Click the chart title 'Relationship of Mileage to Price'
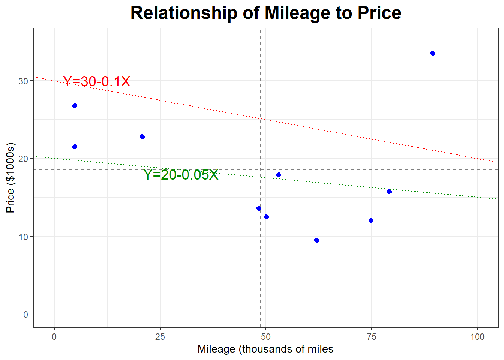pyautogui.click(x=265, y=13)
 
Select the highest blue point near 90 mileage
pyautogui.click(x=432, y=54)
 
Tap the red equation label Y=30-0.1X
pyautogui.click(x=96, y=81)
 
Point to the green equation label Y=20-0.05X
pyautogui.click(x=181, y=175)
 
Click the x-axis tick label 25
pyautogui.click(x=160, y=337)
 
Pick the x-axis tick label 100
pyautogui.click(x=477, y=337)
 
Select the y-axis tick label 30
pyautogui.click(x=23, y=81)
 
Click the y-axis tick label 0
pyautogui.click(x=25, y=314)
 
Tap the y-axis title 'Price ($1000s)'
pyautogui.click(x=10, y=178)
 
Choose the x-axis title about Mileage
pyautogui.click(x=265, y=349)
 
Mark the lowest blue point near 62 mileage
pyautogui.click(x=316, y=240)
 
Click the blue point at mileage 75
pyautogui.click(x=371, y=220)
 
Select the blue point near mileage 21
pyautogui.click(x=142, y=136)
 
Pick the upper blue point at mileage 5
pyautogui.click(x=75, y=106)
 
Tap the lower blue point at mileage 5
pyautogui.click(x=75, y=147)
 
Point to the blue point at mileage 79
pyautogui.click(x=389, y=192)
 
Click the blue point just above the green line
pyautogui.click(x=279, y=175)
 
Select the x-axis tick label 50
pyautogui.click(x=265, y=337)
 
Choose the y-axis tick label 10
pyautogui.click(x=23, y=237)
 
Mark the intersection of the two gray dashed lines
pyautogui.click(x=260, y=169)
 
